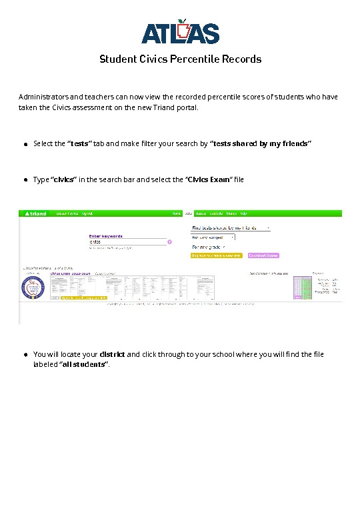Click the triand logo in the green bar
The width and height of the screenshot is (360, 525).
[x=35, y=213]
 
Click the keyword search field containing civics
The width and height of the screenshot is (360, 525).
[x=127, y=241]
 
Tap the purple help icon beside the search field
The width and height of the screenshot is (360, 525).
[x=170, y=242]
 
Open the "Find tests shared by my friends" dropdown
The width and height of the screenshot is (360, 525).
[x=231, y=227]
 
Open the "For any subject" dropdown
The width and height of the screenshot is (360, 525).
[x=213, y=237]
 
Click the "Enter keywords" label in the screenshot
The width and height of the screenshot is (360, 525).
[x=105, y=235]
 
